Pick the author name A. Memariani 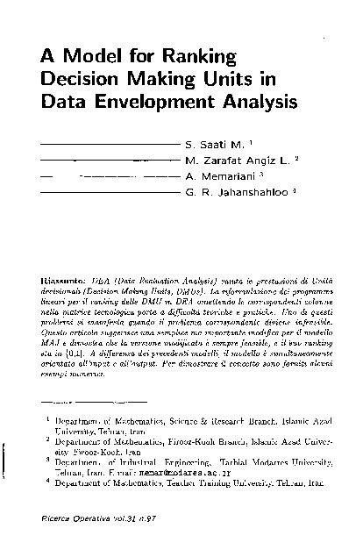(218, 175)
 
